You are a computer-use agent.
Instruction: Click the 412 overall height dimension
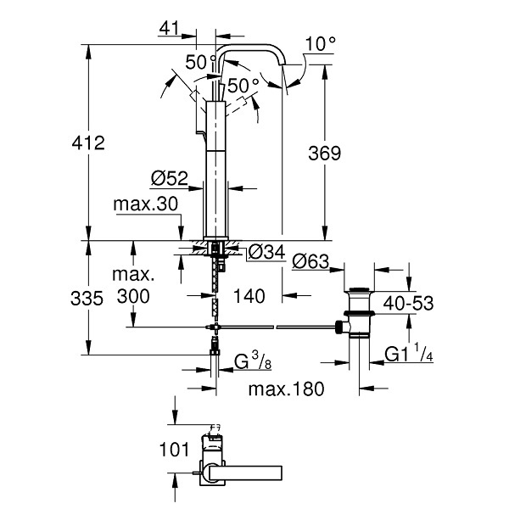88,143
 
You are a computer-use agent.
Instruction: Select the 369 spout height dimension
325,154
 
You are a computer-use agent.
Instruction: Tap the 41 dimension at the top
169,29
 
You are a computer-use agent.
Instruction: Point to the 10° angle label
321,43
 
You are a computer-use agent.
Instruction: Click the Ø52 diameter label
170,178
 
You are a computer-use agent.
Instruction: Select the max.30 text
146,204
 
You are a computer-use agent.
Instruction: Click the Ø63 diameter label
310,261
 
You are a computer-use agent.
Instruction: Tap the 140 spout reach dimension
249,296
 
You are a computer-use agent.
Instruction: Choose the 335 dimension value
87,299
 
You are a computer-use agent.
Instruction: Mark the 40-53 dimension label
408,304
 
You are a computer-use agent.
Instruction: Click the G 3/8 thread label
253,361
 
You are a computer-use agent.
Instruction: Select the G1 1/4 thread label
409,354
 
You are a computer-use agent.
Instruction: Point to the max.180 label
287,389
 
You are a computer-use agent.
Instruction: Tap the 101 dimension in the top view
174,450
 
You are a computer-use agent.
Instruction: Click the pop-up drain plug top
359,289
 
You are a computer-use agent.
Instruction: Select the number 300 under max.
133,296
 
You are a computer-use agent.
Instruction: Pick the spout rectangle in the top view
246,473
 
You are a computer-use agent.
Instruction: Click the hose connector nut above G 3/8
215,353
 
